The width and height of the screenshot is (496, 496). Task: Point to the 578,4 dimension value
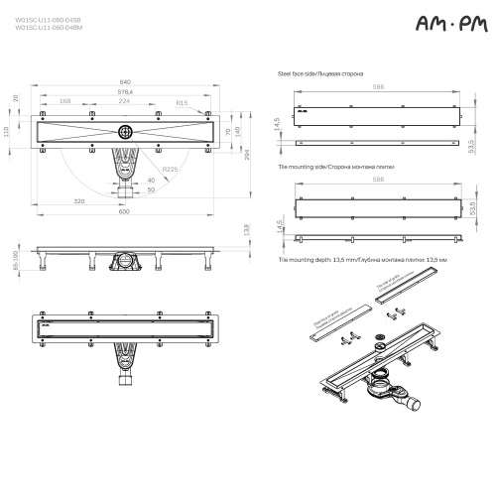click(x=124, y=92)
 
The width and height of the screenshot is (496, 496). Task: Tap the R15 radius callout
click(x=184, y=101)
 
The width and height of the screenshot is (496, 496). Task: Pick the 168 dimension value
click(x=64, y=101)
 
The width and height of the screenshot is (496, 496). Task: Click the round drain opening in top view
click(x=124, y=131)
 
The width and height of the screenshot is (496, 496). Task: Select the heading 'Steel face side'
click(x=319, y=74)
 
